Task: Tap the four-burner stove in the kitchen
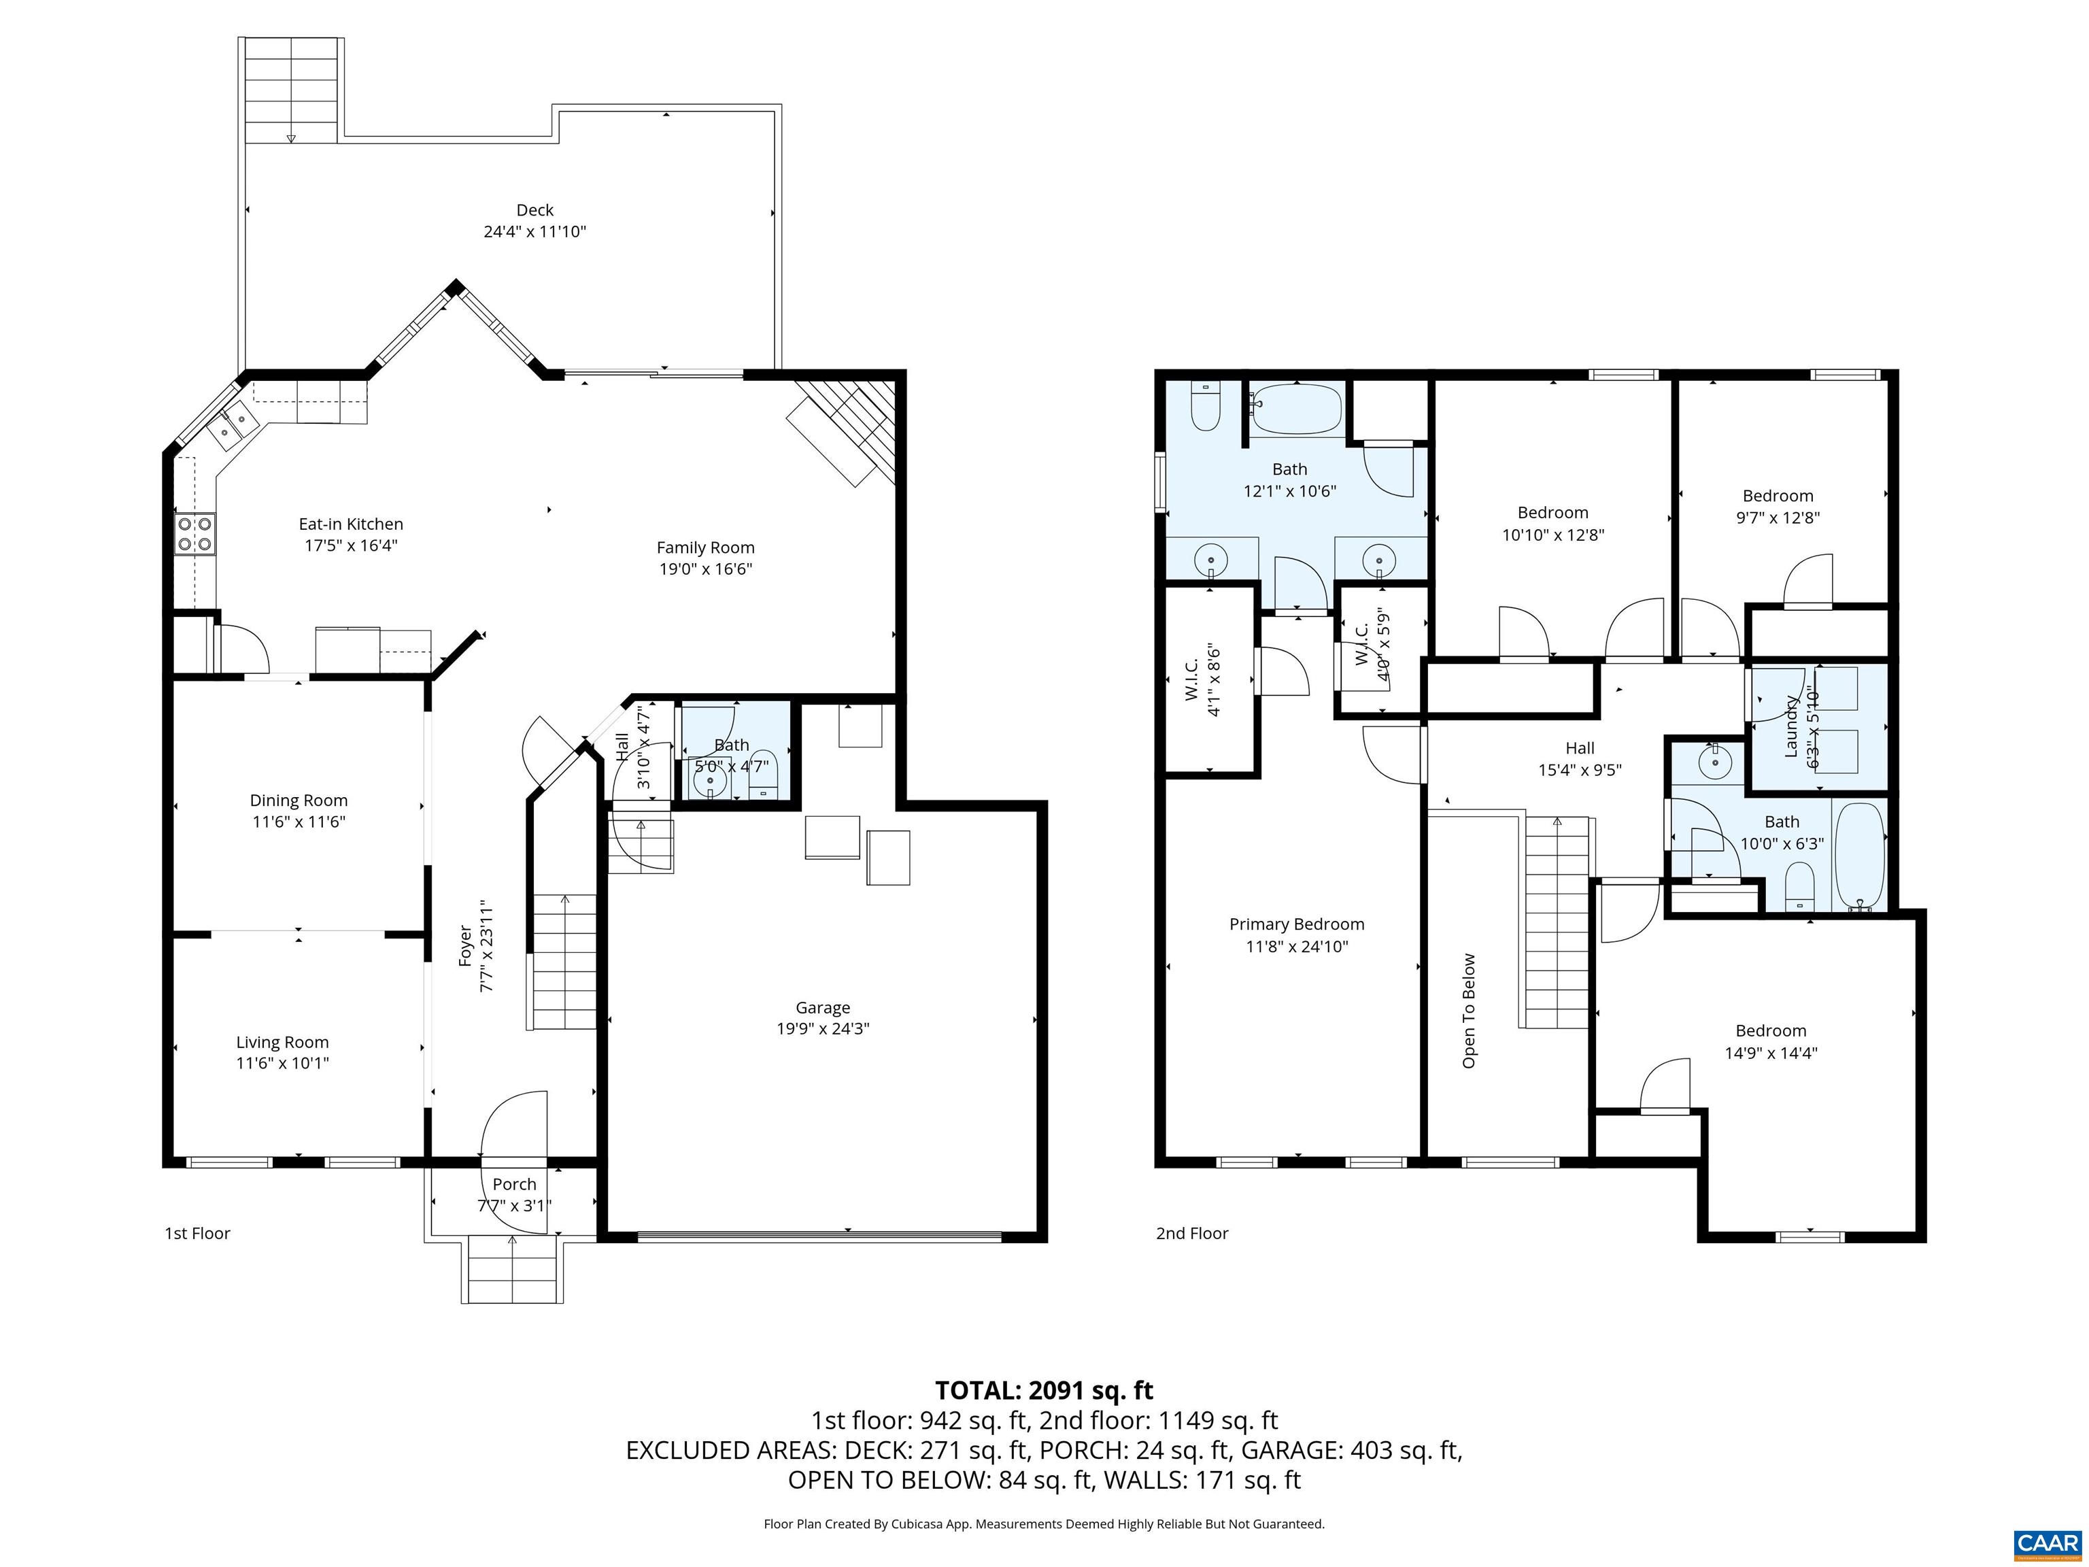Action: (x=194, y=535)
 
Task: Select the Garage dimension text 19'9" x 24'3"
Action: (x=823, y=1028)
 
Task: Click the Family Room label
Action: (x=705, y=547)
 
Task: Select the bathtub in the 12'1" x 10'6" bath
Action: (x=1295, y=409)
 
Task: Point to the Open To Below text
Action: (x=1469, y=1011)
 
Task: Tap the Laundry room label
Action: (x=1790, y=726)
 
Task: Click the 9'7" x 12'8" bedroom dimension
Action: (x=1778, y=518)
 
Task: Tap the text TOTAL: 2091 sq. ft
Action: (x=1044, y=1390)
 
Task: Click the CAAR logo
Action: (x=2047, y=1543)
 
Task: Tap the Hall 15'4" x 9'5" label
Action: (x=1579, y=748)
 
